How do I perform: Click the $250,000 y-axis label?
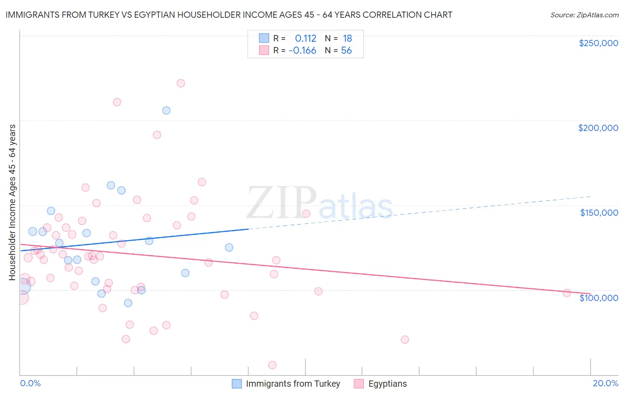tap(598, 43)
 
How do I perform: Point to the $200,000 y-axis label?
tap(598, 128)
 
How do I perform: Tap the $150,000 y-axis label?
tap(599, 213)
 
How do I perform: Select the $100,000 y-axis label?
tap(599, 297)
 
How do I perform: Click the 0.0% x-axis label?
tap(30, 383)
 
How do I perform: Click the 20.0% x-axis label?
tap(605, 383)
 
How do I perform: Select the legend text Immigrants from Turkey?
tap(293, 384)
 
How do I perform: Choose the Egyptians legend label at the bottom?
tap(387, 384)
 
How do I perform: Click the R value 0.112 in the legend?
tap(305, 39)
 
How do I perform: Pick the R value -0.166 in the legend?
tap(302, 51)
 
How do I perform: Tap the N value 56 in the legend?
tap(346, 51)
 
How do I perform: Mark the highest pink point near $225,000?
tap(181, 83)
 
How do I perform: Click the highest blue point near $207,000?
tap(166, 110)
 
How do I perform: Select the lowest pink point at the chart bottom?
tap(273, 365)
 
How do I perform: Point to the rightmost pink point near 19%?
tap(567, 293)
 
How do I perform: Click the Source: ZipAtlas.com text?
tap(584, 15)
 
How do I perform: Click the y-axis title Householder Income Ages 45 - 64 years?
tap(12, 202)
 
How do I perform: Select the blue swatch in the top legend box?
tap(264, 38)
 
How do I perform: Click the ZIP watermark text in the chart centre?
tap(281, 203)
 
